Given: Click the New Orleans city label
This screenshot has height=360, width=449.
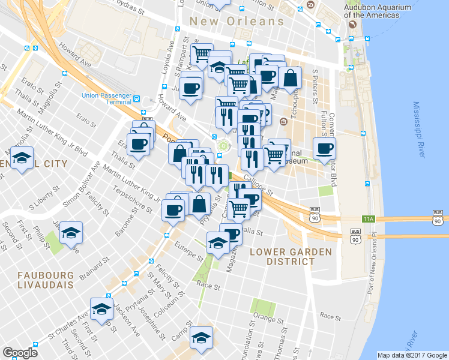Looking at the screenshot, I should tap(237, 21).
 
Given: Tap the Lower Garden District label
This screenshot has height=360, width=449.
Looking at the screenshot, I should tap(282, 256).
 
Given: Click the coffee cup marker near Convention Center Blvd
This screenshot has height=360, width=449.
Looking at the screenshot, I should tap(324, 149).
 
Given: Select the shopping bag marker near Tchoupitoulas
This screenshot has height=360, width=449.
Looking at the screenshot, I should tap(290, 79).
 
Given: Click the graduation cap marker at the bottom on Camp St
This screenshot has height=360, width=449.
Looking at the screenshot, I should tap(200, 338).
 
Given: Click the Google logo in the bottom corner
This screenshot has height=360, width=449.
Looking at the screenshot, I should tap(20, 352).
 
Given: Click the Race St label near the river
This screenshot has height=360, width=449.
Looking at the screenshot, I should tap(330, 316).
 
